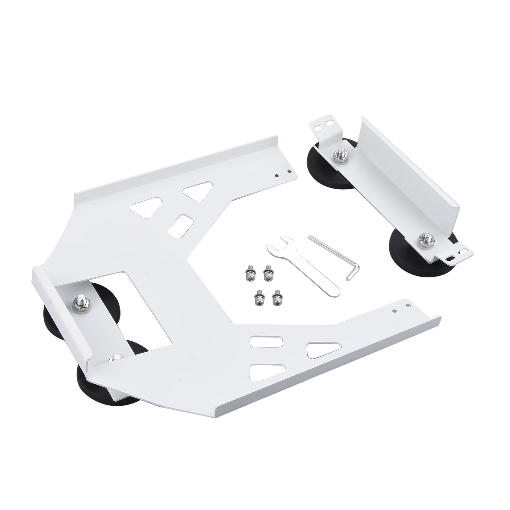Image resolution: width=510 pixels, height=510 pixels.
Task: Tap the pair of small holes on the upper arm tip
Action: tap(283, 173)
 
